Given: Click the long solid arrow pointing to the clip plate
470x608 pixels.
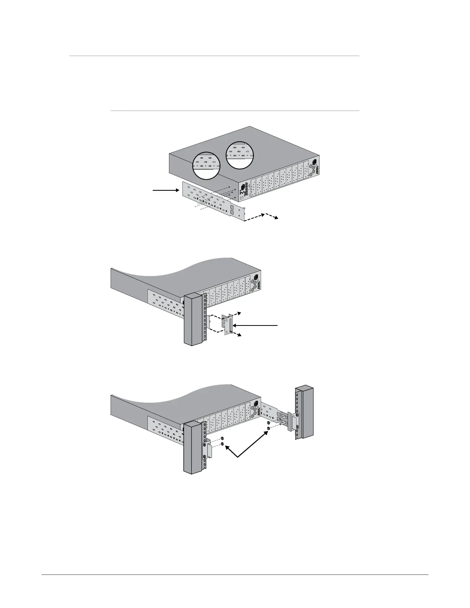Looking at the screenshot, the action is tap(255, 325).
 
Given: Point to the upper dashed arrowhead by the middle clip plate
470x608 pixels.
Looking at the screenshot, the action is tap(239, 313).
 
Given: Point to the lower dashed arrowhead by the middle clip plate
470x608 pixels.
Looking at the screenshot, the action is tap(239, 335).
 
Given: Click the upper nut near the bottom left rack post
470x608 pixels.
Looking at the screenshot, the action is tap(222, 438).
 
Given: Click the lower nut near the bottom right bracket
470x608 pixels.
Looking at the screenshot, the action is tap(268, 427).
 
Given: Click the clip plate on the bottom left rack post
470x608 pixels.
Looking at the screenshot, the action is tap(209, 449).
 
